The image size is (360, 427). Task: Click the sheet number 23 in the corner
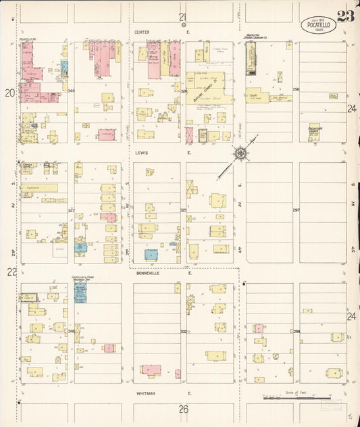pyautogui.click(x=345, y=17)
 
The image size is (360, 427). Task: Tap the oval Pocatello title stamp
pyautogui.click(x=317, y=24)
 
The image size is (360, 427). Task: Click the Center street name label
pyautogui.click(x=141, y=32)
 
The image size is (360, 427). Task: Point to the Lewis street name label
pyautogui.click(x=141, y=153)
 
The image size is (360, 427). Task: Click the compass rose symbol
pyautogui.click(x=240, y=153)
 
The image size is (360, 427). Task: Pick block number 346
pyautogui.click(x=71, y=91)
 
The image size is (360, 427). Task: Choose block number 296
pyautogui.click(x=296, y=89)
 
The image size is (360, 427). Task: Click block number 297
pyautogui.click(x=296, y=210)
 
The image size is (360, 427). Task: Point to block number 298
pyautogui.click(x=296, y=331)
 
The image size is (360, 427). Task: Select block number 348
pyautogui.click(x=71, y=331)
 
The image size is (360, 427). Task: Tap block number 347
pyautogui.click(x=71, y=211)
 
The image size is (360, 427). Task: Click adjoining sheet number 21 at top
pyautogui.click(x=182, y=16)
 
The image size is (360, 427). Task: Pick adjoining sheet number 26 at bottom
pyautogui.click(x=183, y=409)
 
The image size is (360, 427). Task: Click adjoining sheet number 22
pyautogui.click(x=11, y=272)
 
